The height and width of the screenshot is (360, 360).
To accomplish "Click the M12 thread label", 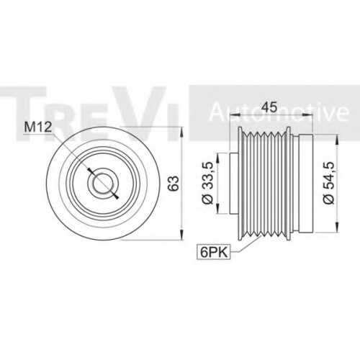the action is click(x=38, y=127).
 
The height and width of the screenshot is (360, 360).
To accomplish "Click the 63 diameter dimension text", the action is click(x=174, y=184).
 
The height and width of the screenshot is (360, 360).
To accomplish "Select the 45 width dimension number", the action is click(x=269, y=107).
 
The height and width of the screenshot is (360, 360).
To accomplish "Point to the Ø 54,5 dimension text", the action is click(x=330, y=183).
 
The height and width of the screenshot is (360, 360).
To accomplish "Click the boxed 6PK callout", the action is click(x=213, y=252).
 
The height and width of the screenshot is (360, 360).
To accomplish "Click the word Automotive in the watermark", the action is click(x=279, y=112).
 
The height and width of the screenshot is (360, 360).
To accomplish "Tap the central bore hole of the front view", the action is click(x=103, y=183).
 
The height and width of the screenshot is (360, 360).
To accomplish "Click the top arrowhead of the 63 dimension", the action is click(x=182, y=132).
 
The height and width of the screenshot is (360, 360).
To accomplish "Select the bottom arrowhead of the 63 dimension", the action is click(x=182, y=234).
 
